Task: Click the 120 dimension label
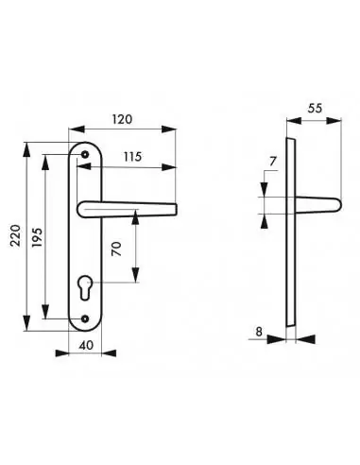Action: (x=122, y=119)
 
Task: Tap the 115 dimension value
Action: (x=132, y=157)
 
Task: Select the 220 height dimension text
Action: (x=16, y=235)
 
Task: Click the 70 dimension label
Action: (x=116, y=249)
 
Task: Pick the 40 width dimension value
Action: (x=86, y=345)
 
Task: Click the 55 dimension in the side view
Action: (x=315, y=108)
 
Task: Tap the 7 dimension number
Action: (x=273, y=162)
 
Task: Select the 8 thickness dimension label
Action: (x=259, y=332)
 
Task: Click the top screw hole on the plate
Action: (x=85, y=154)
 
